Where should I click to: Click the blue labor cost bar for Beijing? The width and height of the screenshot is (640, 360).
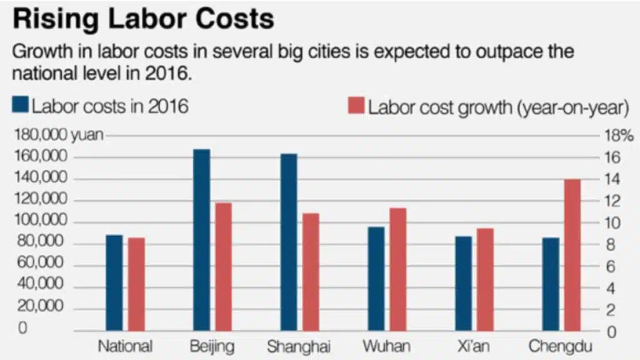tap(201, 240)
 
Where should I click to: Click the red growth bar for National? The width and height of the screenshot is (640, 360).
tap(136, 284)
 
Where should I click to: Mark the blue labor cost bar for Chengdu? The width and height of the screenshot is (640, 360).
tap(551, 284)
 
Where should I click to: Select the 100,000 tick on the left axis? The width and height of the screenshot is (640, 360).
tap(39, 222)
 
